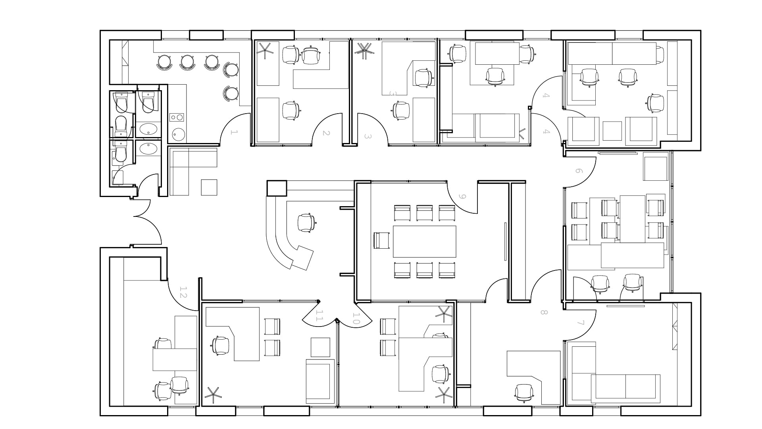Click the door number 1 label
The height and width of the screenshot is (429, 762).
coord(234,132)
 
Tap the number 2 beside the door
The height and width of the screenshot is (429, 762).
coord(326,133)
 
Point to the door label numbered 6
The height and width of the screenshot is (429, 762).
coord(579,171)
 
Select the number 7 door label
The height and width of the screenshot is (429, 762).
coord(581,323)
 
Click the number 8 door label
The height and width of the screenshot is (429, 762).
coord(544,312)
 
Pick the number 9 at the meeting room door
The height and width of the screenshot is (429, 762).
coord(462,196)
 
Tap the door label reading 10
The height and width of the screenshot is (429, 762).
coord(356,319)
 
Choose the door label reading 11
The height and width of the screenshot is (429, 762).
coord(319,316)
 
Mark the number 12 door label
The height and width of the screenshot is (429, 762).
coord(183,292)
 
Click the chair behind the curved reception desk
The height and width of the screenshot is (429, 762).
coord(306,222)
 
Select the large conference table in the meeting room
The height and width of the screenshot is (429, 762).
coord(425,242)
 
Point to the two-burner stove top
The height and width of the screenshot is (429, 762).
coord(177,117)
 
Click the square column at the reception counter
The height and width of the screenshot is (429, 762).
coord(277,188)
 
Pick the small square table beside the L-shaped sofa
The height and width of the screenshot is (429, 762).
coord(209,187)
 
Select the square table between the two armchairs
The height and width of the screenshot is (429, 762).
coord(612,131)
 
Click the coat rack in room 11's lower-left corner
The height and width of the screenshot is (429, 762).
coord(213,396)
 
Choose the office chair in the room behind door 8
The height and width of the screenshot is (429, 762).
coord(524,393)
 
